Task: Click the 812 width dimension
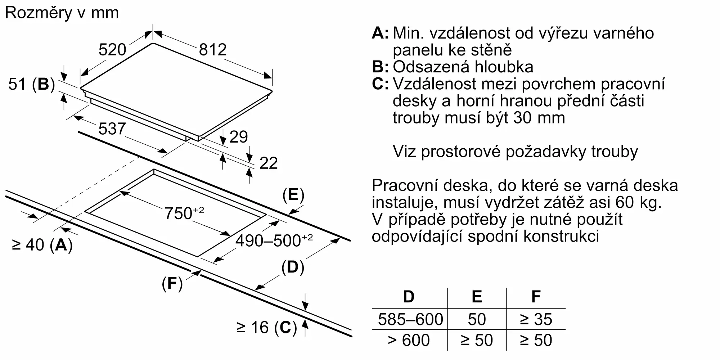coord(213,50)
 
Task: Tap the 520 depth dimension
coord(112,50)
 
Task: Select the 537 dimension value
coord(112,129)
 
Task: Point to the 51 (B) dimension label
coord(32,84)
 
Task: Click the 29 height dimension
coord(238,137)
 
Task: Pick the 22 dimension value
coord(268,163)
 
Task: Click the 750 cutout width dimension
coord(184,213)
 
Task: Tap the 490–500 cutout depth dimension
coord(274,240)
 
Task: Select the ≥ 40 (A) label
coord(42,245)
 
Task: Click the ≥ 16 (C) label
coord(266,327)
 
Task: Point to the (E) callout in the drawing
coord(293,195)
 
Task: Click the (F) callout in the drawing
coord(172,284)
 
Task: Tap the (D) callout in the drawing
coord(292,267)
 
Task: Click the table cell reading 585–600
coord(410,319)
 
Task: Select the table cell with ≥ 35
coord(536,319)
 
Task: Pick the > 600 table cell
coord(409,340)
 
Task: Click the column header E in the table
coord(477,297)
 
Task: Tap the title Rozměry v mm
coord(62,13)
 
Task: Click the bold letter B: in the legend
coord(380,67)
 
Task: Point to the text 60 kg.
coord(638,202)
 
